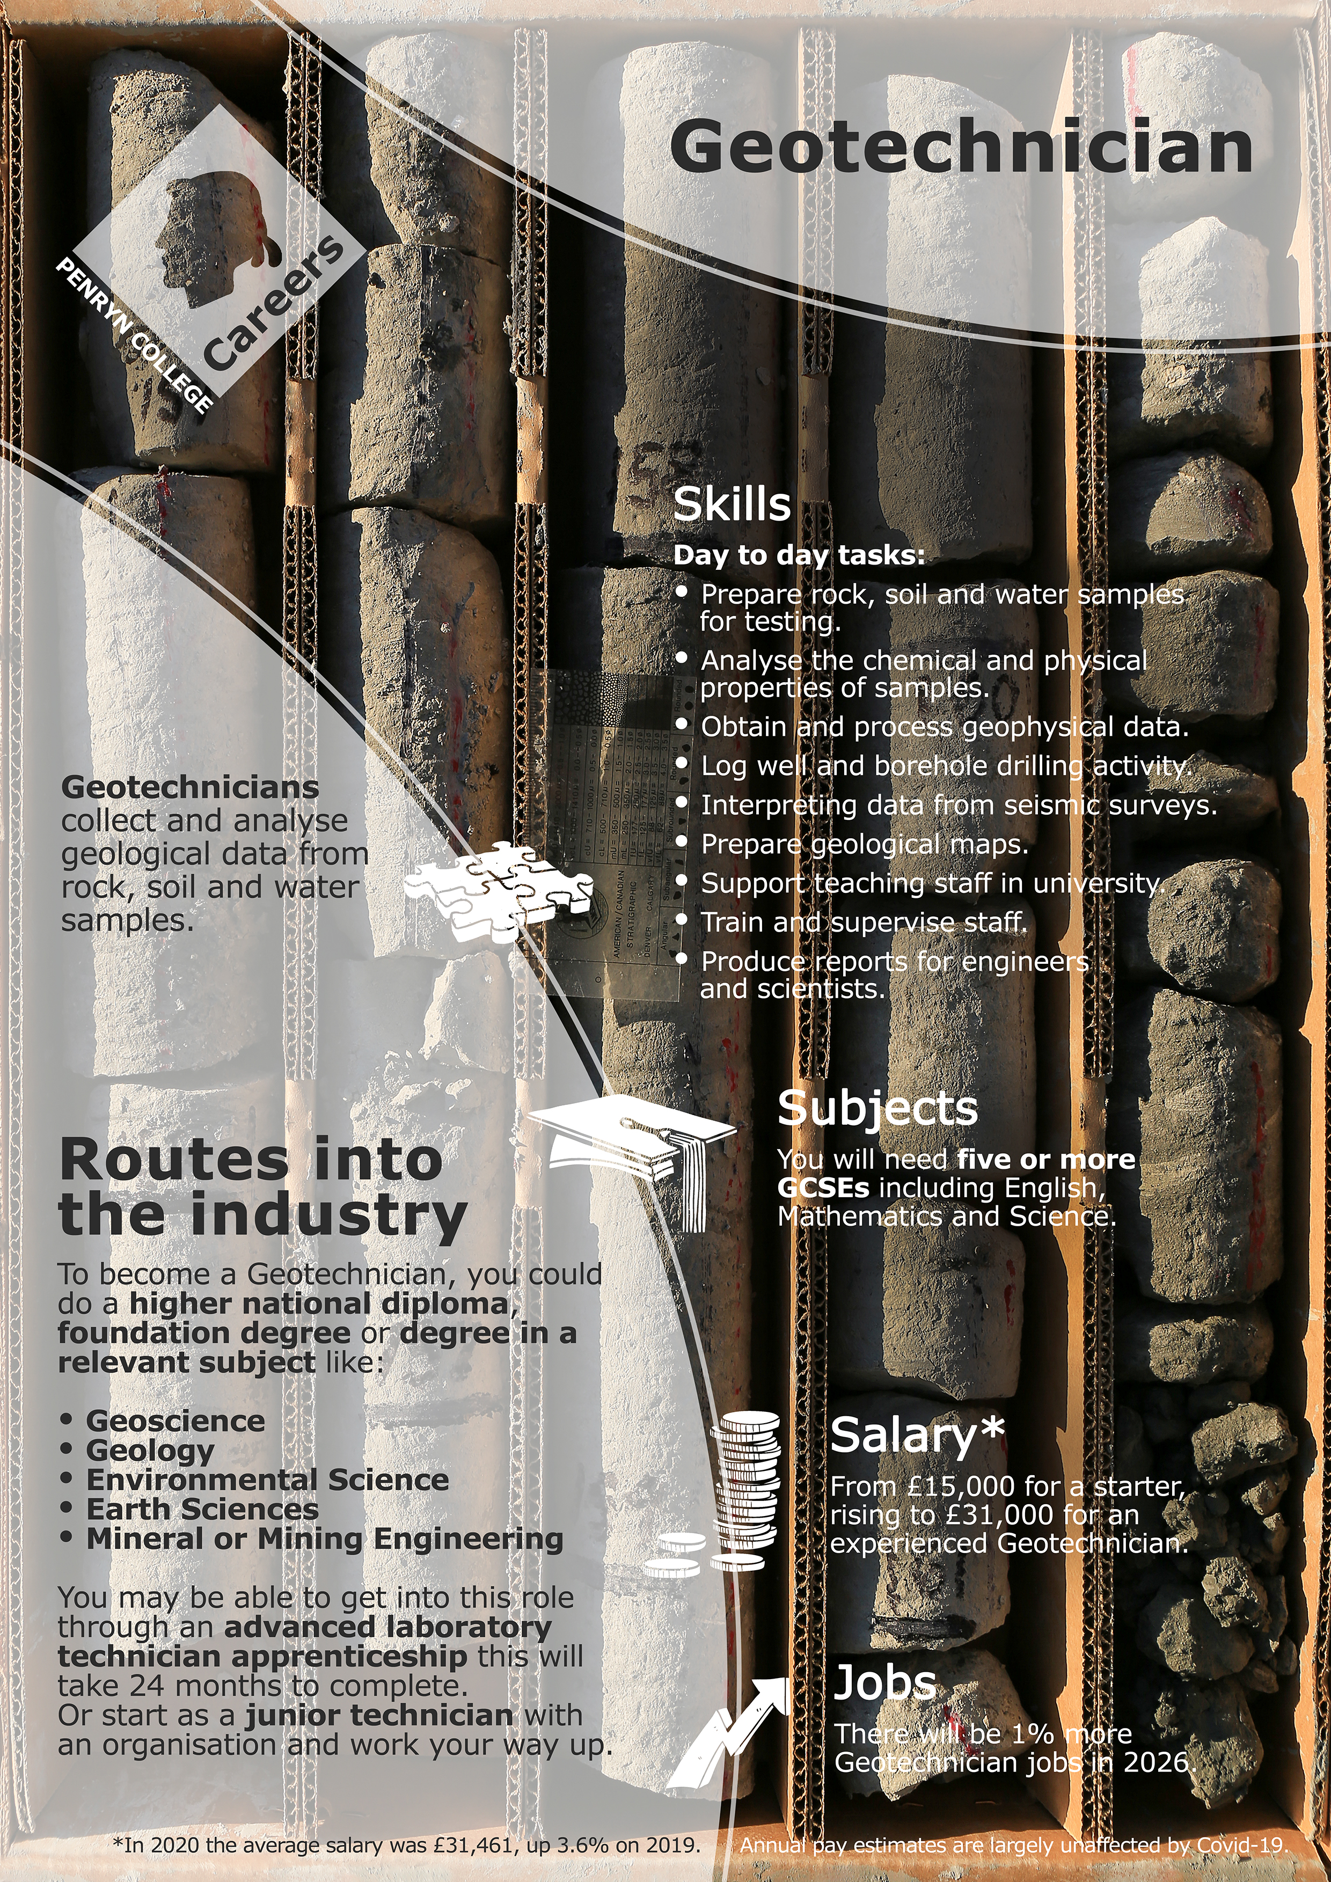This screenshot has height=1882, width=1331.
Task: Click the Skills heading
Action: point(732,505)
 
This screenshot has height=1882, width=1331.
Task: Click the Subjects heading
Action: point(877,1108)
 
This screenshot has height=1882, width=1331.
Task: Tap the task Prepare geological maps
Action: point(865,844)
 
